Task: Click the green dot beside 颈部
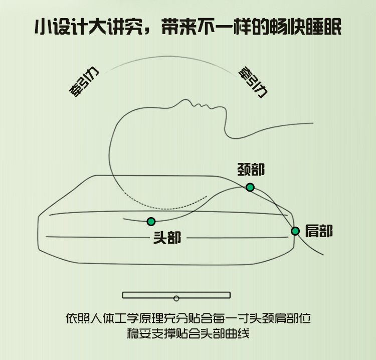tap(250, 187)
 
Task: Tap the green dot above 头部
tap(151, 222)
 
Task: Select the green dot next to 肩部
tap(295, 231)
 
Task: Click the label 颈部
tap(251, 169)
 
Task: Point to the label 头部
tap(167, 238)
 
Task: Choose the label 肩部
tap(319, 231)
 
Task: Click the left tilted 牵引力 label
tap(84, 82)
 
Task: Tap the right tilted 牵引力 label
tap(253, 82)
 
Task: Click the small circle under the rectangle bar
tap(176, 298)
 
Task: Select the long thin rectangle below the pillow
tap(176, 295)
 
